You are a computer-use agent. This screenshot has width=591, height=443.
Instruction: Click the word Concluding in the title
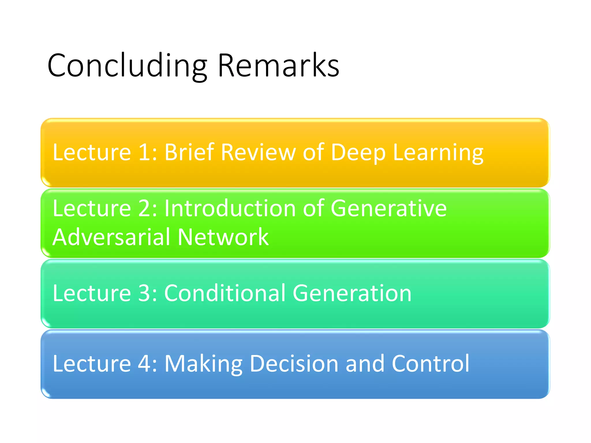[127, 66]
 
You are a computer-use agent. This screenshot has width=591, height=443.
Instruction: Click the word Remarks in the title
[278, 66]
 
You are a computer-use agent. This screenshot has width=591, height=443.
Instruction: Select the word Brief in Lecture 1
[189, 152]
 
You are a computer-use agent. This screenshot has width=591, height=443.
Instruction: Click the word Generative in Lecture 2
[388, 208]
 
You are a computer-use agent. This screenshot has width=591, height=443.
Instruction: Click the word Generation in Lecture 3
[352, 293]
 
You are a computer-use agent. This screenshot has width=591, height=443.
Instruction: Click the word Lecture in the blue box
[92, 363]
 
